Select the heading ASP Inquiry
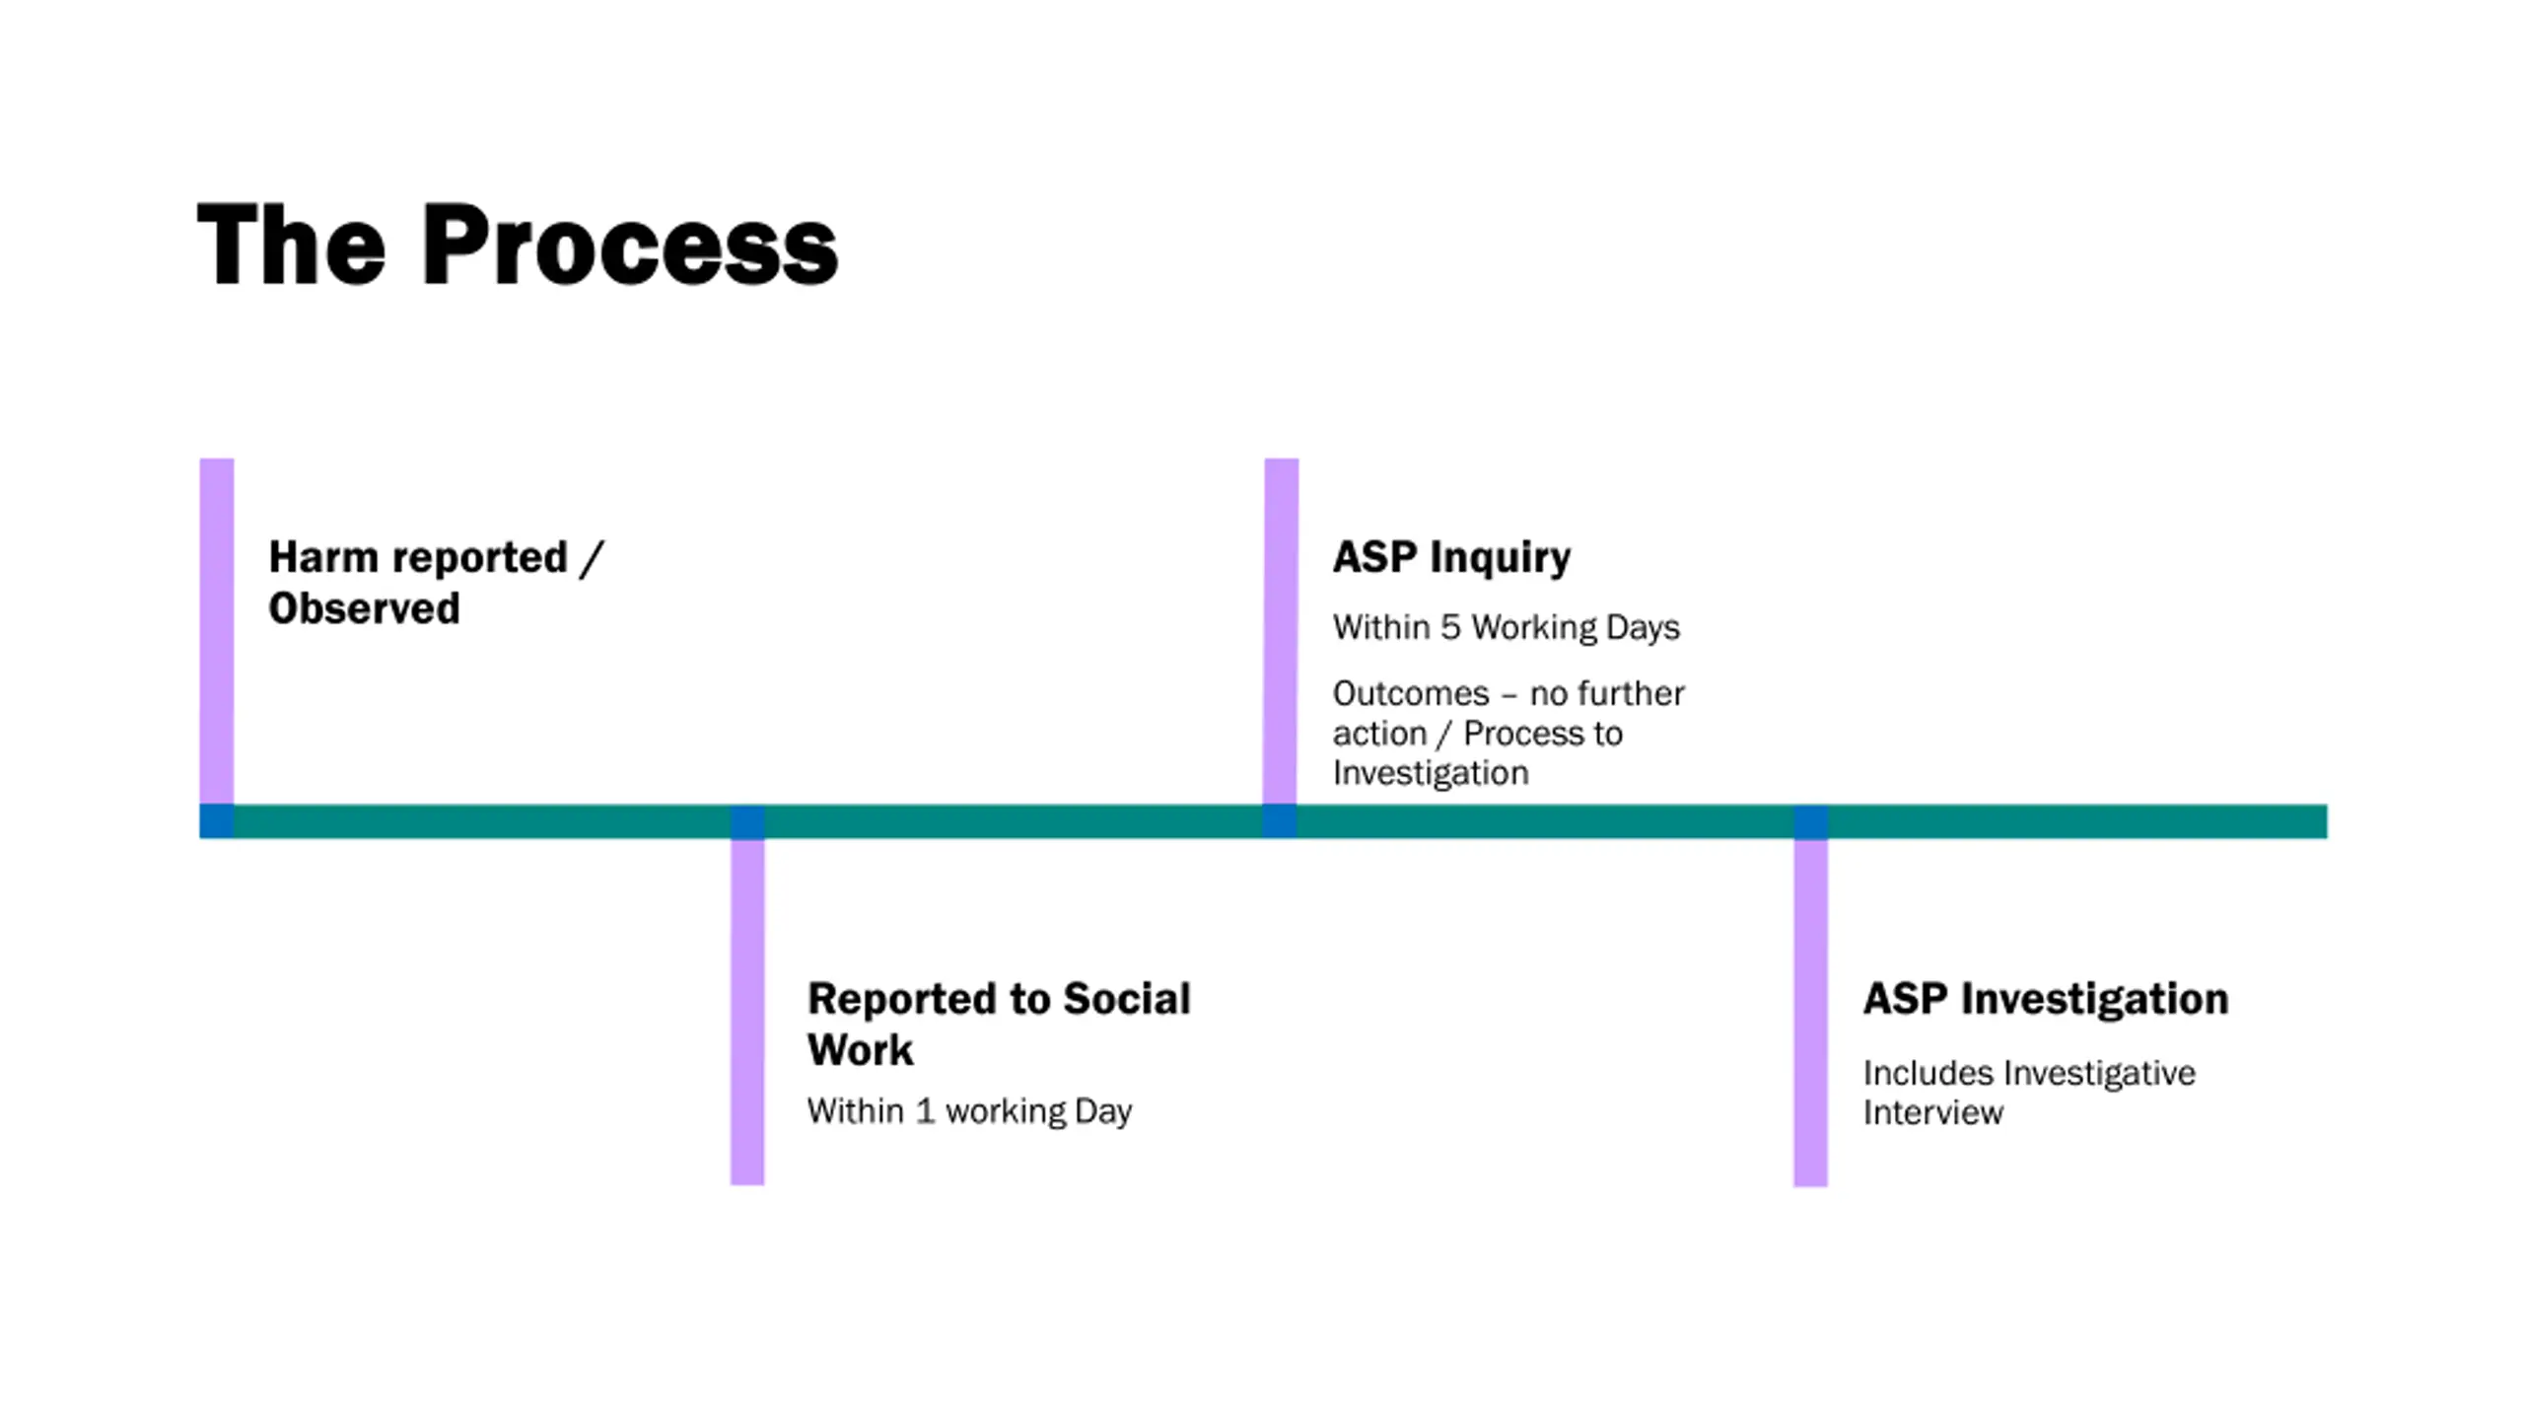tap(1451, 557)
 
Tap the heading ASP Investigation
tap(2045, 999)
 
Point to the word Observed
tap(364, 608)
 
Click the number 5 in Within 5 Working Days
tap(1450, 627)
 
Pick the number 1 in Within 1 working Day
tap(924, 1111)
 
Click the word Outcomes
tap(1410, 693)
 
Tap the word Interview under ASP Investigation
tap(1932, 1113)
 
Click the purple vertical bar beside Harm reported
tap(217, 631)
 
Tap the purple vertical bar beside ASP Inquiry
tap(1281, 631)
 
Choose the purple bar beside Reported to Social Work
tap(747, 1011)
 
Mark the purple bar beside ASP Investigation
tap(1810, 1011)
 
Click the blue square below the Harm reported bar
tap(217, 821)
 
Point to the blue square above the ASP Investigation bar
tap(1810, 821)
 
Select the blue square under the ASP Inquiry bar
tap(1280, 821)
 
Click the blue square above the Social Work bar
tap(747, 821)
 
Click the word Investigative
tap(2100, 1073)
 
